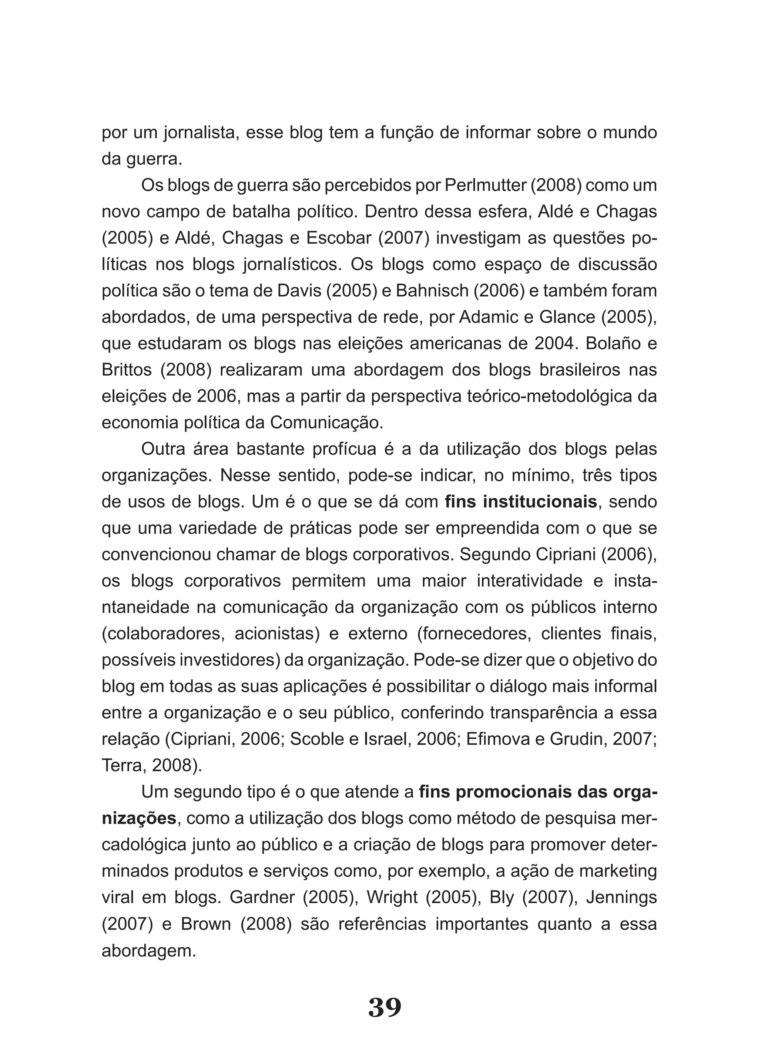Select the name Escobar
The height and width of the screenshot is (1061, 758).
click(x=338, y=238)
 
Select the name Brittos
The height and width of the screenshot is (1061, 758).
click(x=127, y=370)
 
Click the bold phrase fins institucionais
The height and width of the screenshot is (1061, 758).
click(x=521, y=502)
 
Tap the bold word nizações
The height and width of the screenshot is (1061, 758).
click(x=139, y=818)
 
